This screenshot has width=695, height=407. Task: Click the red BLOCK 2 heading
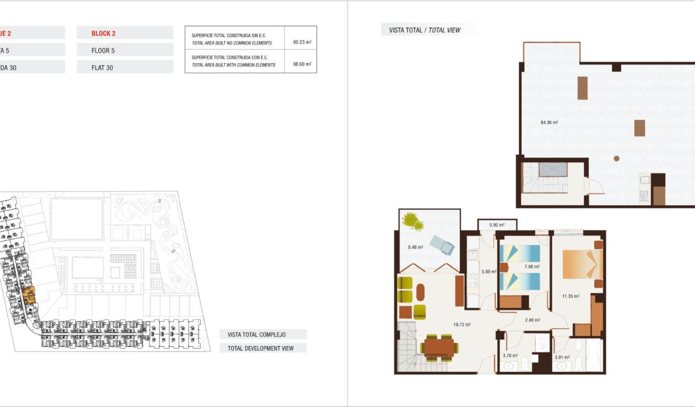coord(103,33)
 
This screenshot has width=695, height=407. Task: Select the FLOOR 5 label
coord(103,51)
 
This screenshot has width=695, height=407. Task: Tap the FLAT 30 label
coord(102,68)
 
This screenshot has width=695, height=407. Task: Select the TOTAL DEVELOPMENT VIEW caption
coord(261,348)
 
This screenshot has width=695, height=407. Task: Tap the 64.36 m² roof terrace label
coord(549,122)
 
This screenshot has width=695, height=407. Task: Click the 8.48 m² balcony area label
coord(415,247)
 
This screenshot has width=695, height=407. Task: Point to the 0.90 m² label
coord(497,225)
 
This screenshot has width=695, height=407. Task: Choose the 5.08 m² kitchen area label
coord(488,272)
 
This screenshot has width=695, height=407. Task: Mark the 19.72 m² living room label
coord(462,325)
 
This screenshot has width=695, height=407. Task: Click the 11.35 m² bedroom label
coord(570,296)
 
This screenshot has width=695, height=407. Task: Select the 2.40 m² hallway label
coord(532,320)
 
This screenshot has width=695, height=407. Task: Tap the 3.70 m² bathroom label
coord(510,355)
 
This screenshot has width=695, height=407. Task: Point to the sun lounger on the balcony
coord(443,246)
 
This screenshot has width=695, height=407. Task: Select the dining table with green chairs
coord(439,347)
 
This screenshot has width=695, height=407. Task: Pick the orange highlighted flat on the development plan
coord(30,295)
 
